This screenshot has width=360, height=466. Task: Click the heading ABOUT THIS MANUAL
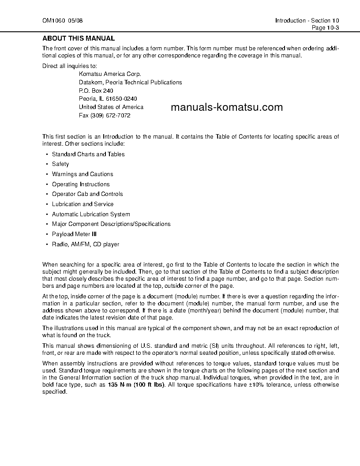[x=78, y=38]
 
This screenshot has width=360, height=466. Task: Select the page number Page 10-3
[x=325, y=27]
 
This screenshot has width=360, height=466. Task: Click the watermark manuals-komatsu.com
[x=226, y=108]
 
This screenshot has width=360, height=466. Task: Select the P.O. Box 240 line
[x=96, y=90]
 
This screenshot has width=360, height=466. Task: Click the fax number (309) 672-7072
[x=105, y=115]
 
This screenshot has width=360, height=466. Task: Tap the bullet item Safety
[x=60, y=164]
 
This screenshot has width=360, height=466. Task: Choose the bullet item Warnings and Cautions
[x=82, y=174]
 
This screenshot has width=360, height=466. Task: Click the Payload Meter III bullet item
[x=74, y=234]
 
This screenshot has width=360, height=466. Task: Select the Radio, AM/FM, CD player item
[x=86, y=244]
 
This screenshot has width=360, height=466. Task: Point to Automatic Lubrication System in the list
[x=91, y=214]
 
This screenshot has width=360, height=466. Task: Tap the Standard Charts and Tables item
[x=88, y=154]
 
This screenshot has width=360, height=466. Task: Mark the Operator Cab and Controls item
[x=87, y=194]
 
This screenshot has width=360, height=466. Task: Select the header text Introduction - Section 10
[x=307, y=21]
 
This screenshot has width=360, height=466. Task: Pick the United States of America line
[x=111, y=107]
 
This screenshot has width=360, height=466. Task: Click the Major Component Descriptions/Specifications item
[x=111, y=224]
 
